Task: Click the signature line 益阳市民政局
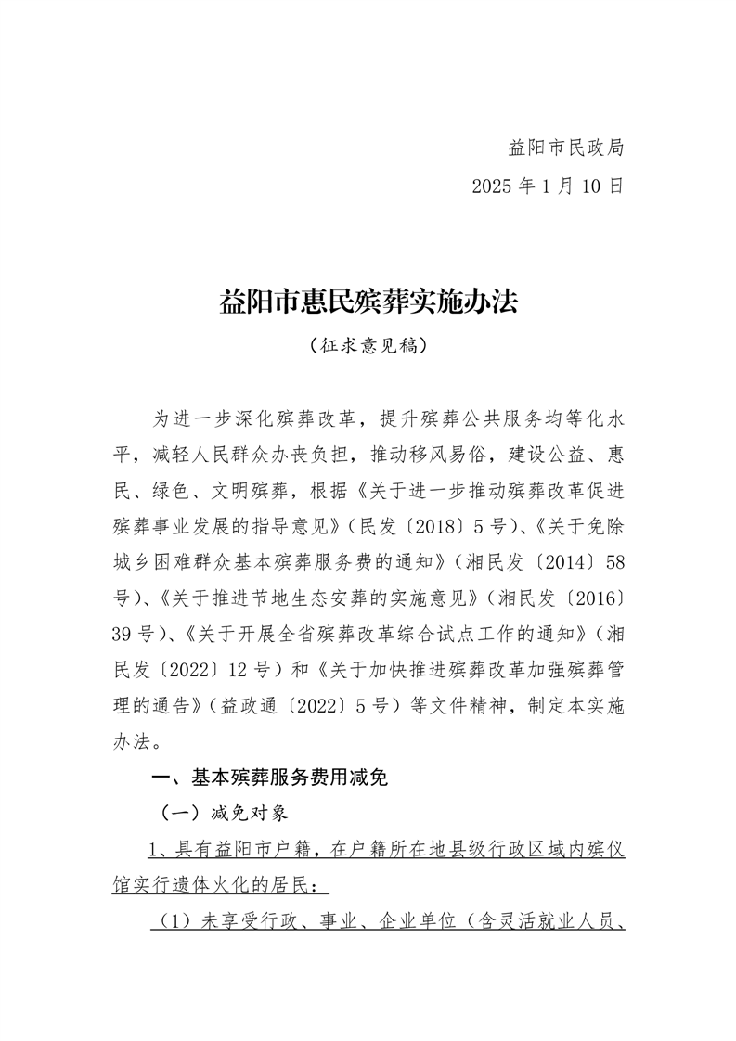click(565, 148)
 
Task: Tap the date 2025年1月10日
click(547, 186)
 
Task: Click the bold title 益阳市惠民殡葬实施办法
click(368, 302)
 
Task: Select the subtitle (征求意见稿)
click(368, 346)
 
